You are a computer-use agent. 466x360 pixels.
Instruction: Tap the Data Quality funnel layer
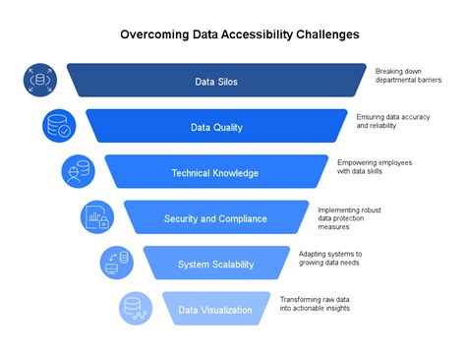217,127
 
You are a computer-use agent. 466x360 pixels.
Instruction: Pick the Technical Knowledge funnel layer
215,173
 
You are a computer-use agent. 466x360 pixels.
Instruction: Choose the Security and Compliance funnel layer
216,218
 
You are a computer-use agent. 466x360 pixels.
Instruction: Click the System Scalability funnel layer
216,264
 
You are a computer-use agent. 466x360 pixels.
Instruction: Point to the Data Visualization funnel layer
215,310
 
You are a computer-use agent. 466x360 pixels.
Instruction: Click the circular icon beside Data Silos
39,80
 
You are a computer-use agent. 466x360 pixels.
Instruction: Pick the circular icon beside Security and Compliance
96,216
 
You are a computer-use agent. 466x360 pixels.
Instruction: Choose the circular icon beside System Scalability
116,263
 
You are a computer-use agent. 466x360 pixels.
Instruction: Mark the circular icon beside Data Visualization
136,308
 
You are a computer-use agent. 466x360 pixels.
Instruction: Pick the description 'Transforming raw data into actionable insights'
315,304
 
